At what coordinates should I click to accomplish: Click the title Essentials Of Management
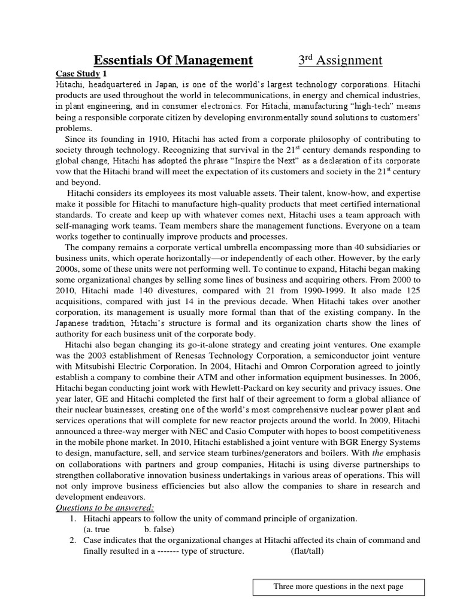[174, 60]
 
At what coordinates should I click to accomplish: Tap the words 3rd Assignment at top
[340, 60]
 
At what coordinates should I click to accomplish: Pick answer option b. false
[159, 529]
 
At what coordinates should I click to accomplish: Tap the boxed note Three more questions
[338, 587]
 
